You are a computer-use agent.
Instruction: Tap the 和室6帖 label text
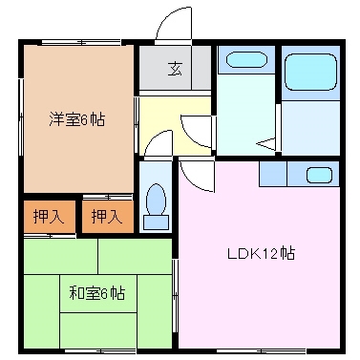click(x=96, y=293)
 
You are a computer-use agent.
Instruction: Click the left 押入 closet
click(x=46, y=217)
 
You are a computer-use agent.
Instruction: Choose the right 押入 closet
click(x=106, y=217)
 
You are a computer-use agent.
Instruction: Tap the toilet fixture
click(x=156, y=202)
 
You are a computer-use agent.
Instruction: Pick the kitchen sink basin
click(x=319, y=175)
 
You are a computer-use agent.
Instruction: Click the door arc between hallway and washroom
click(x=199, y=129)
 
